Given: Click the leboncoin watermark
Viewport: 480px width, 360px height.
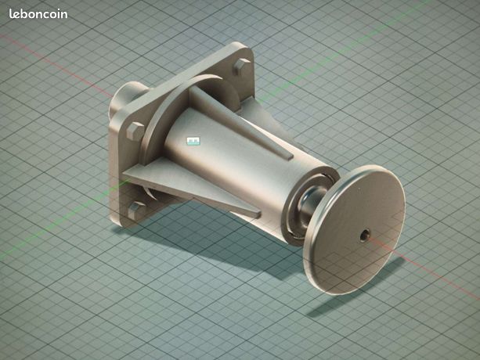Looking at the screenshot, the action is click(x=38, y=14).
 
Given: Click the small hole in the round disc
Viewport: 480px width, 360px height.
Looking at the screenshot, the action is click(x=364, y=235).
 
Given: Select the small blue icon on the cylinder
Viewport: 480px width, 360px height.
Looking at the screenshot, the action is click(x=193, y=141).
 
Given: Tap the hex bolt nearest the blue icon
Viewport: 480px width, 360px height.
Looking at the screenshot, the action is click(x=135, y=131).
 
